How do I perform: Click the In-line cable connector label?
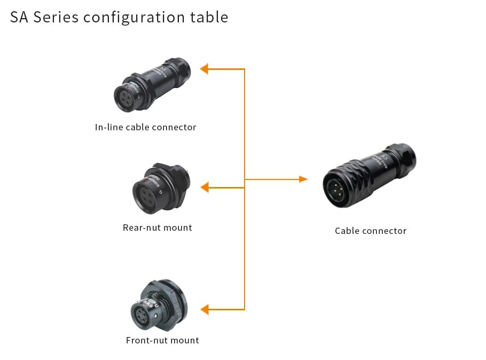click(146, 127)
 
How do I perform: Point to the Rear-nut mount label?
click(158, 228)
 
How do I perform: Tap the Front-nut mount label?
click(162, 340)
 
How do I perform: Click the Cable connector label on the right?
click(371, 231)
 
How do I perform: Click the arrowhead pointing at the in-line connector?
click(204, 69)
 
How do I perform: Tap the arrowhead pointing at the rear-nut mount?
click(204, 187)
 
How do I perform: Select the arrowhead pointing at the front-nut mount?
click(204, 309)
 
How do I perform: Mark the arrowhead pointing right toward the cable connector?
click(303, 179)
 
